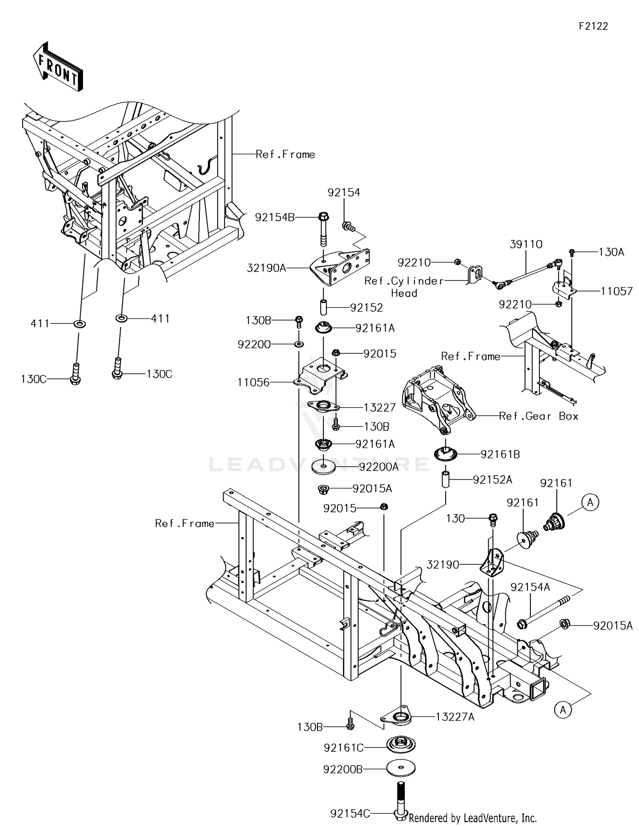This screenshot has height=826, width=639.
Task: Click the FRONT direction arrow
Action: pyautogui.click(x=58, y=67)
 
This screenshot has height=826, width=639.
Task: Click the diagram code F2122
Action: pyautogui.click(x=593, y=26)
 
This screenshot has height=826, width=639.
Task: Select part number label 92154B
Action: pyautogui.click(x=275, y=217)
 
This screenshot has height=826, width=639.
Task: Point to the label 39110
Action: pyautogui.click(x=526, y=244)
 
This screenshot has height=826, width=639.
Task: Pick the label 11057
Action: pyautogui.click(x=616, y=291)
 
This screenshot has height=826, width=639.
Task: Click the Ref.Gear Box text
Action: pyautogui.click(x=538, y=416)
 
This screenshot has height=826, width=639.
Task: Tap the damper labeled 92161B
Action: pyautogui.click(x=446, y=453)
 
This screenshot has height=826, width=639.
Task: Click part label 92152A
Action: pyautogui.click(x=492, y=480)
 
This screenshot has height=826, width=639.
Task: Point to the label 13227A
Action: pyautogui.click(x=455, y=717)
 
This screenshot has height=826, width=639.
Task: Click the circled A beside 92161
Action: pyautogui.click(x=590, y=502)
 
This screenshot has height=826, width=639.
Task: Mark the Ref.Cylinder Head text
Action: pyautogui.click(x=404, y=287)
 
